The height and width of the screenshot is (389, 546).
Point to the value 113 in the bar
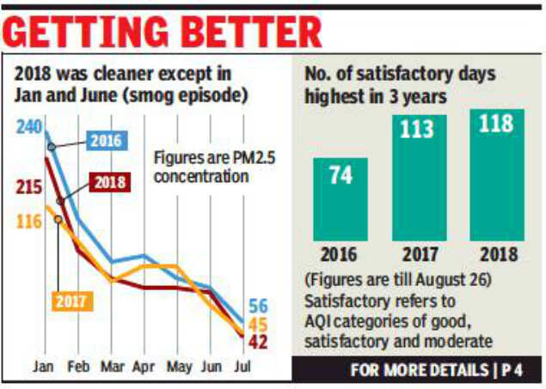click(x=414, y=129)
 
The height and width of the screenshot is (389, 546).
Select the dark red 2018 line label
click(x=107, y=182)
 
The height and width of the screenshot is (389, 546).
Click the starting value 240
click(x=28, y=126)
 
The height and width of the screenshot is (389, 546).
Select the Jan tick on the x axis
click(x=44, y=366)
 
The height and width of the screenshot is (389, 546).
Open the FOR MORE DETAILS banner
click(x=446, y=372)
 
